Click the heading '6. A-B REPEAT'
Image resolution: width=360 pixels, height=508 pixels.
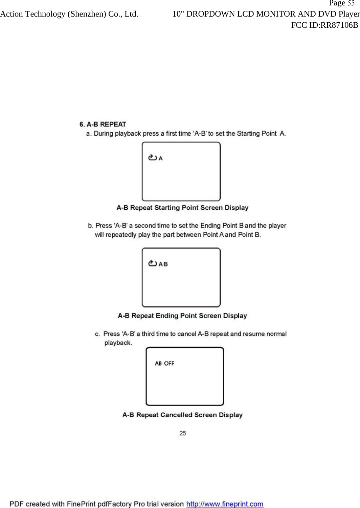103,124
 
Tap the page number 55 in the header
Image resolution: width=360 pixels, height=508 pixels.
351,3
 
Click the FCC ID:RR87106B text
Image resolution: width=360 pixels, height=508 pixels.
324,25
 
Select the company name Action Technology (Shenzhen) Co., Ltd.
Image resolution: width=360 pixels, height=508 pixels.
69,14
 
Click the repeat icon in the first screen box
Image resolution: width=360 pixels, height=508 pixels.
153,158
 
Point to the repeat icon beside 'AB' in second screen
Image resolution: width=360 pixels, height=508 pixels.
153,263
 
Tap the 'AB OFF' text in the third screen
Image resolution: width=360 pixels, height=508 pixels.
164,364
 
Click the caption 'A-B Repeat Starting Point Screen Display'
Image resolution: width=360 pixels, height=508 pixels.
182,208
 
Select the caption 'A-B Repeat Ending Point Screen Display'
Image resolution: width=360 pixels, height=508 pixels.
182,316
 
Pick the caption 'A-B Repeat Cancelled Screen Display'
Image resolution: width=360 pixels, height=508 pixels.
182,415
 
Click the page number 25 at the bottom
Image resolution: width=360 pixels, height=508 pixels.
183,433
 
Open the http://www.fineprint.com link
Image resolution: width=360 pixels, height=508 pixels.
225,504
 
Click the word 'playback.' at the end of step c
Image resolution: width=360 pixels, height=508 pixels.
118,343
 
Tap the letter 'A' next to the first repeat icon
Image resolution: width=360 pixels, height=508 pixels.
161,158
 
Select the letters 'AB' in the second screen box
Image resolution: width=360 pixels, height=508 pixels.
163,264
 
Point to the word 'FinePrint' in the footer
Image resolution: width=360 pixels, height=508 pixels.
81,504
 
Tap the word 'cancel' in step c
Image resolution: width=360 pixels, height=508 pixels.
187,334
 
